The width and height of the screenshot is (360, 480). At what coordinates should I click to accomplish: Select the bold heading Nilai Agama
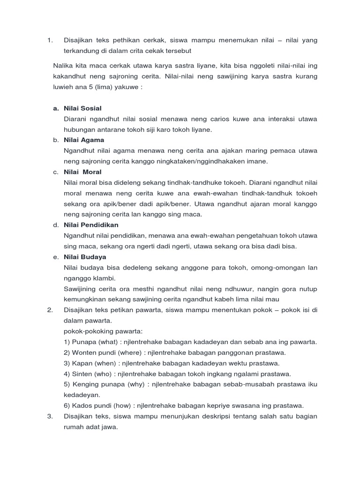tap(84, 140)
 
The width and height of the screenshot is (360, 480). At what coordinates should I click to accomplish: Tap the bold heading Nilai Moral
tap(82, 172)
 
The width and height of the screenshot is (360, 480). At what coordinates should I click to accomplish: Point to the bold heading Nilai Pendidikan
tap(91, 225)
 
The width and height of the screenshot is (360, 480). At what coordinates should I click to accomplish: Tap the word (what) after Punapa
tap(103, 342)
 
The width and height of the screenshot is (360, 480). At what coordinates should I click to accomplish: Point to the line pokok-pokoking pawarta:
tap(97, 331)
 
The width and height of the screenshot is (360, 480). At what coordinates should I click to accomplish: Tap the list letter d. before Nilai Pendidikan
tap(55, 225)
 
